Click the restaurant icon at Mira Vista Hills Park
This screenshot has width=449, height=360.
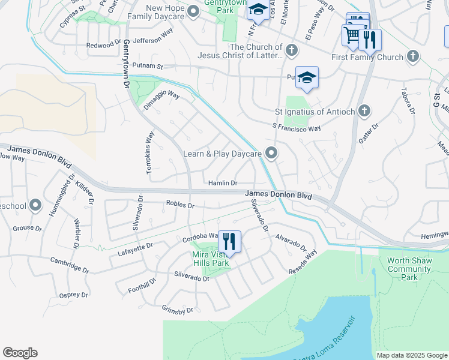(x=229, y=241)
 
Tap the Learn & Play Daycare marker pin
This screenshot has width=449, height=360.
(x=271, y=154)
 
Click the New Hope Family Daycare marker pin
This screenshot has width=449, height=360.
(x=193, y=11)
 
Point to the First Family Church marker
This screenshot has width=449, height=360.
(x=412, y=57)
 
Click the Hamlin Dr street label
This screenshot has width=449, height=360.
(x=223, y=182)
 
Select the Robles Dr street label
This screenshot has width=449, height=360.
(x=180, y=205)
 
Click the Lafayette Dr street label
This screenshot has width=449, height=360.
(x=136, y=249)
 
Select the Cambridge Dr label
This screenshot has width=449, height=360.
(x=70, y=265)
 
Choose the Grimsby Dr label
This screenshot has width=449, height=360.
(x=178, y=310)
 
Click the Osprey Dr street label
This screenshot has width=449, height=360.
(x=74, y=295)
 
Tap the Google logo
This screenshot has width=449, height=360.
(x=20, y=352)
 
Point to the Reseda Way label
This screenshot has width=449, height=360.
(x=304, y=262)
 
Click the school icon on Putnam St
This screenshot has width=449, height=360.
(x=307, y=77)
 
